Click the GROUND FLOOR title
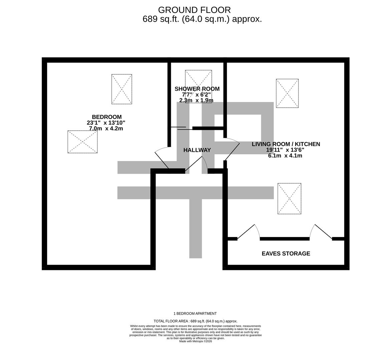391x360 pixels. coord(194,10)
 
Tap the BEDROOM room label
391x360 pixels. coord(107,117)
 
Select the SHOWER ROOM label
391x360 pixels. coord(197,89)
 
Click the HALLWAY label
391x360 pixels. coord(197,150)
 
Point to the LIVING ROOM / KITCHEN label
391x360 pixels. coord(286,144)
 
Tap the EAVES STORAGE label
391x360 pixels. coord(286,254)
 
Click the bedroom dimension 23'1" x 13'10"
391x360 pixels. coord(106,123)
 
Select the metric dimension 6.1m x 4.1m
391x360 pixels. coord(285,156)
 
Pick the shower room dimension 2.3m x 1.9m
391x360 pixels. coord(196,100)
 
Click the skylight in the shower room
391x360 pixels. coord(199,86)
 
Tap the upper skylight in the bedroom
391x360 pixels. coord(122,89)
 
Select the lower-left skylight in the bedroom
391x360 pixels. coord(82,142)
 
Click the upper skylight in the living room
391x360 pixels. coord(287,93)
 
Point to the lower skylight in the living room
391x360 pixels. coord(290,199)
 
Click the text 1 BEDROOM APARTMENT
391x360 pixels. coord(195,314)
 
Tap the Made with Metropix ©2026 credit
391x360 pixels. coord(195,341)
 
